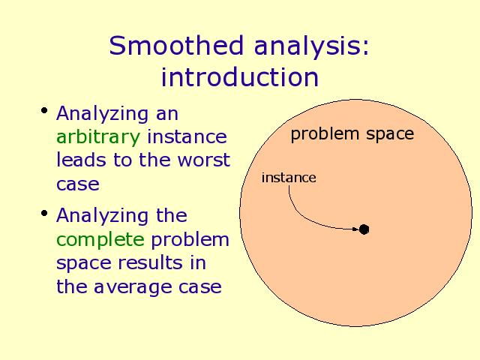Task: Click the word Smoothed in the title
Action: pyautogui.click(x=176, y=45)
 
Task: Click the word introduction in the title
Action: pyautogui.click(x=240, y=76)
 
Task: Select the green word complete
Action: pyautogui.click(x=100, y=240)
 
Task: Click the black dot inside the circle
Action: pyautogui.click(x=364, y=229)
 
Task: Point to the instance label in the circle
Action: pyautogui.click(x=289, y=178)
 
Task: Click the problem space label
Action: pyautogui.click(x=352, y=134)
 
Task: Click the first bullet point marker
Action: pyautogui.click(x=44, y=110)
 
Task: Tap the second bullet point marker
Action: pyautogui.click(x=44, y=213)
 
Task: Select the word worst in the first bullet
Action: pyautogui.click(x=204, y=160)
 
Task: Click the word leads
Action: pyautogui.click(x=81, y=160)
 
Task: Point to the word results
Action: pyautogui.click(x=150, y=263)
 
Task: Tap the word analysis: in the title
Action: pyautogui.click(x=312, y=46)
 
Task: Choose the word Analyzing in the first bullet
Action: pyautogui.click(x=103, y=115)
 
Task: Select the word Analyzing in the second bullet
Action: pyautogui.click(x=103, y=217)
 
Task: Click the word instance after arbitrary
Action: pyautogui.click(x=187, y=136)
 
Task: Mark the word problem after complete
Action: pyautogui.click(x=190, y=240)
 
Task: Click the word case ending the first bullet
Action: pyautogui.click(x=78, y=184)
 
